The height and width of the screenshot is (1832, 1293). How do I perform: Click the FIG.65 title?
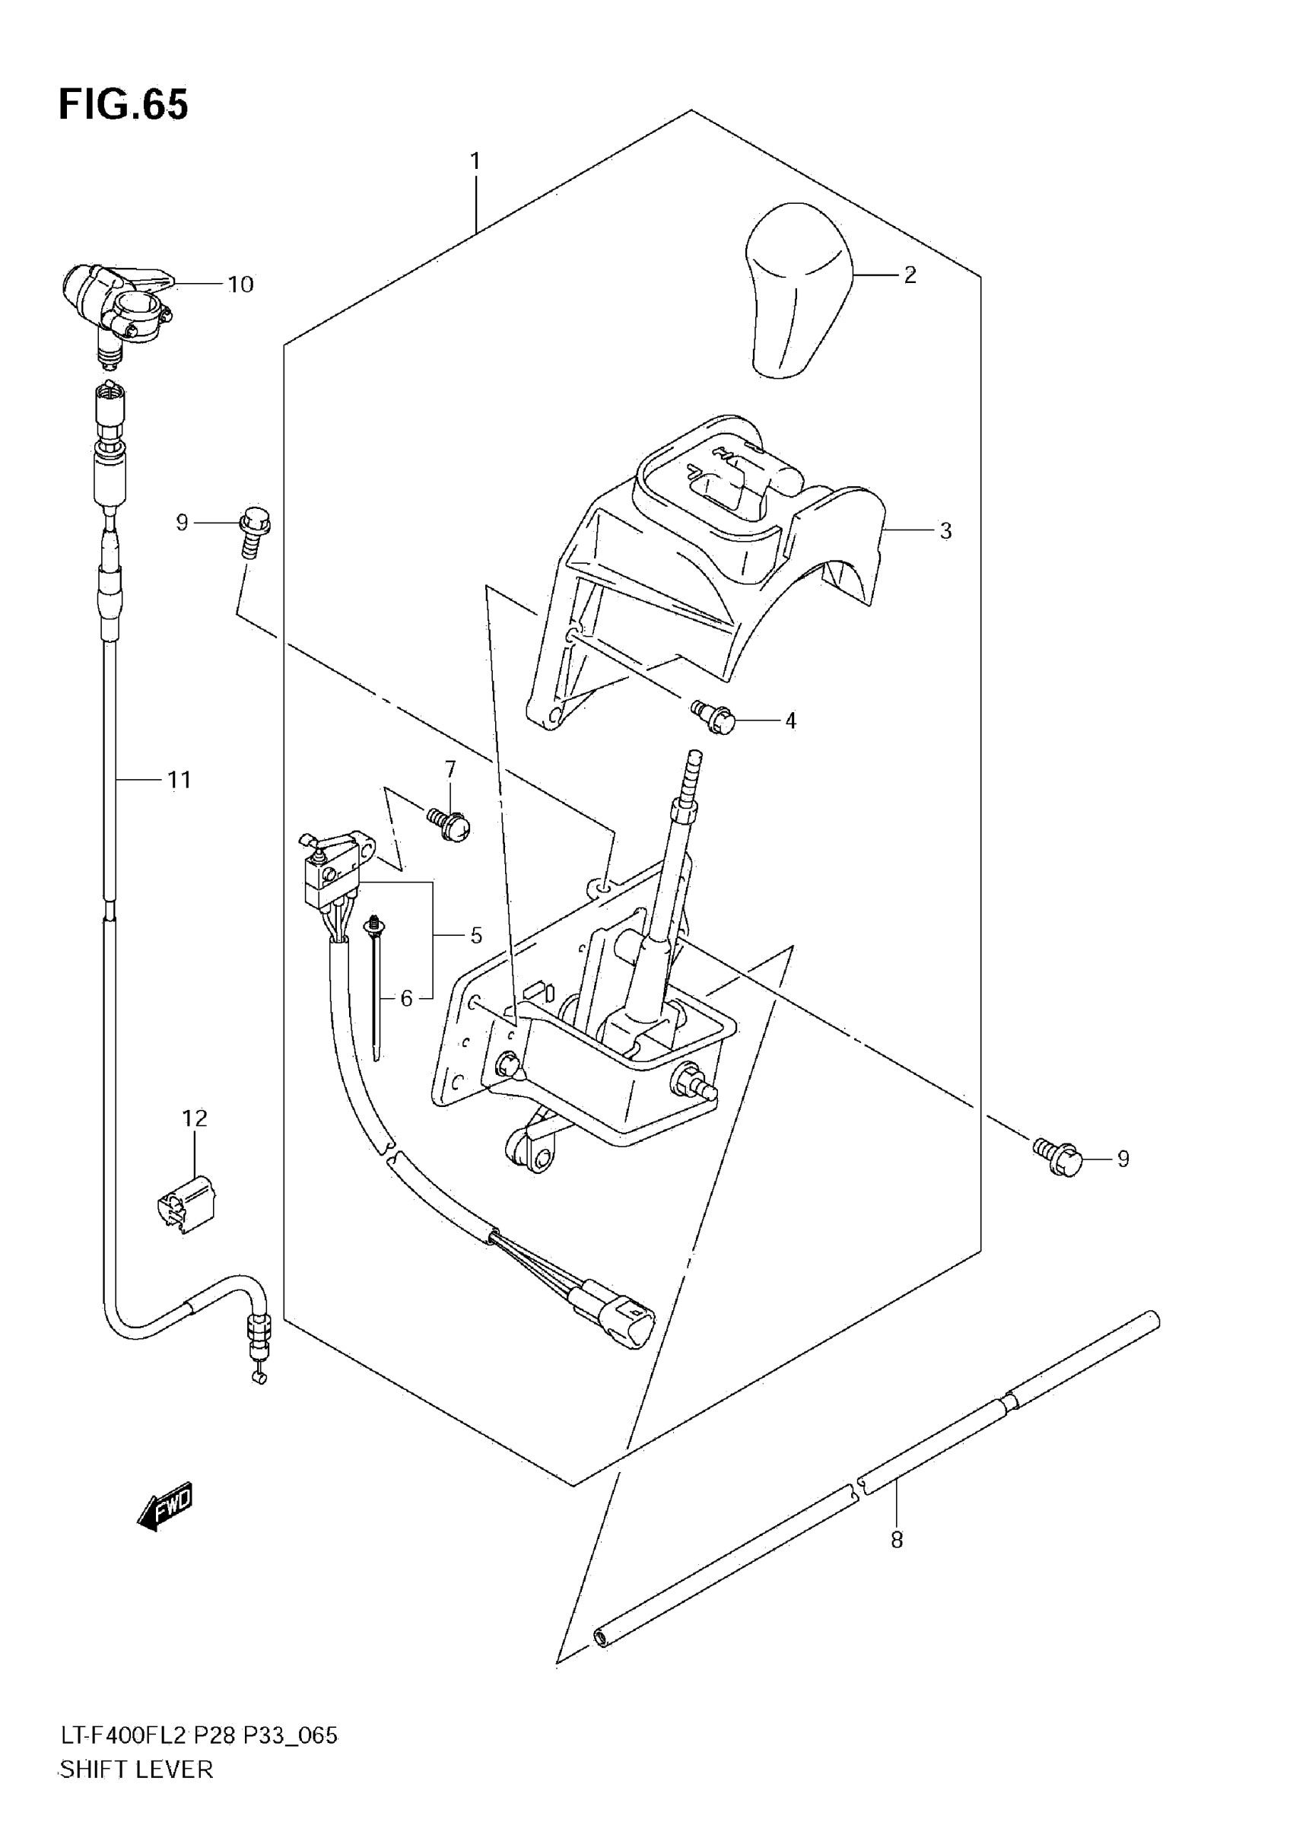[124, 104]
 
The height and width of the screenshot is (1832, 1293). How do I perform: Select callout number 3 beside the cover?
[945, 530]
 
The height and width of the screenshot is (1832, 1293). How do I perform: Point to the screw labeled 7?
[452, 823]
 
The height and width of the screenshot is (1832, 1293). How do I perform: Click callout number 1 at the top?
[475, 162]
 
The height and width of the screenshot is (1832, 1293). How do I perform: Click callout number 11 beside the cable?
[179, 780]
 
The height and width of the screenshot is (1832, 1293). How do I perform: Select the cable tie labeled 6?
[375, 989]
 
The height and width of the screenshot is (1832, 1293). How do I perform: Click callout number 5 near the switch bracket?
[476, 935]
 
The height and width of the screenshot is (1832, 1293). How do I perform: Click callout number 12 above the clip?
[195, 1118]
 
